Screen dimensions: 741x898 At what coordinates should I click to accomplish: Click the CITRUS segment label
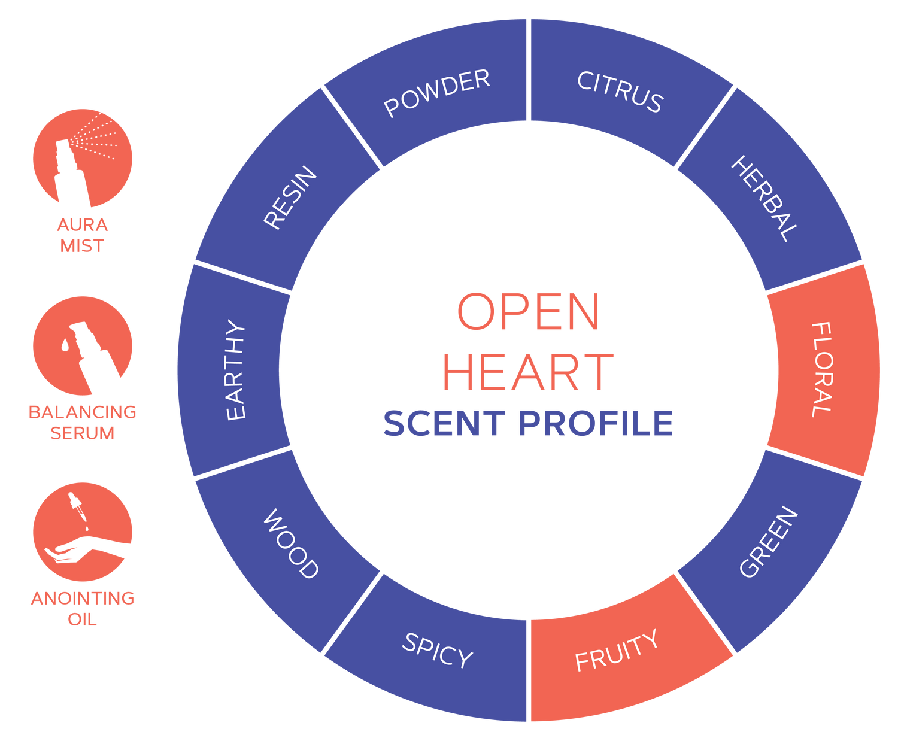point(620,92)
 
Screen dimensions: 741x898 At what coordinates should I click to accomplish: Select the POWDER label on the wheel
point(437,93)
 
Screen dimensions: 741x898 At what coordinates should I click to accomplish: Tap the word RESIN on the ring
point(290,198)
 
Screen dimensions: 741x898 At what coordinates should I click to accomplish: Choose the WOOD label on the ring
point(291,543)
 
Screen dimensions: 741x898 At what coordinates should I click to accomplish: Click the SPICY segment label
point(437,650)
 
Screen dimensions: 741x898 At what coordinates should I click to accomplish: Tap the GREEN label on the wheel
point(769,542)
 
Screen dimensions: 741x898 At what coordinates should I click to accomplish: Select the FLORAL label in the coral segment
point(821,370)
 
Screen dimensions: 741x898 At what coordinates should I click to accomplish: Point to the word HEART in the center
point(528,372)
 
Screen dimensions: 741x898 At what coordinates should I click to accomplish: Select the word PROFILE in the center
point(596,423)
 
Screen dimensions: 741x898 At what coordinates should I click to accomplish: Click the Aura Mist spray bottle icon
point(83,158)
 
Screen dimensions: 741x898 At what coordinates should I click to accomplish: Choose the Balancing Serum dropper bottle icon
point(83,346)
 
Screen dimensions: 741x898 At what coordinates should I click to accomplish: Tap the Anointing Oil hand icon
point(83,532)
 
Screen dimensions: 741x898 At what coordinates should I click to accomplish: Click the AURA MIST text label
point(83,235)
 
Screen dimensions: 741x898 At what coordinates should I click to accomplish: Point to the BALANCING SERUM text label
point(83,422)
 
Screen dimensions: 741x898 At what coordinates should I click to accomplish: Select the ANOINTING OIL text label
point(83,608)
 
